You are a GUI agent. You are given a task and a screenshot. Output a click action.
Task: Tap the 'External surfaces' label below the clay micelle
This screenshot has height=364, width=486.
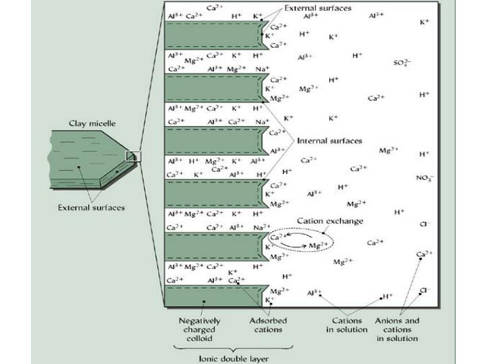(90, 207)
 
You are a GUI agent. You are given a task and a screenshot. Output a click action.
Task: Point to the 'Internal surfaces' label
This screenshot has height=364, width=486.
(329, 141)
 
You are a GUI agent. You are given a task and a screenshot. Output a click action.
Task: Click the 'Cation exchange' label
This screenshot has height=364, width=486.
(330, 221)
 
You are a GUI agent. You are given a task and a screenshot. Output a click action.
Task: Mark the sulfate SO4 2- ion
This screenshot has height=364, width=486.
(403, 63)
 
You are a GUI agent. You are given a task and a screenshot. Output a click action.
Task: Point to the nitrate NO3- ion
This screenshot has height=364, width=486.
(424, 179)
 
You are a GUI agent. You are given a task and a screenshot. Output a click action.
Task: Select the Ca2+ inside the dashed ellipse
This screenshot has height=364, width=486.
(277, 237)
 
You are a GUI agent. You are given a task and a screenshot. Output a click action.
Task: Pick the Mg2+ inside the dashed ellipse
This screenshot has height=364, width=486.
(318, 246)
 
